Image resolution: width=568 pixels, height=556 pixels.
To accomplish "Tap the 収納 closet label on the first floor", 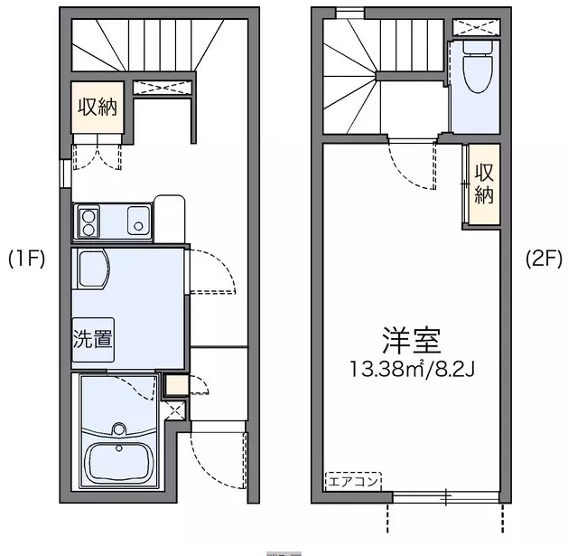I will [98, 108].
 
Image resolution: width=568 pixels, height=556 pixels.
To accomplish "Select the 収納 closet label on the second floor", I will [483, 183].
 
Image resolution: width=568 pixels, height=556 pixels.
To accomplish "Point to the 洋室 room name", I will [411, 343].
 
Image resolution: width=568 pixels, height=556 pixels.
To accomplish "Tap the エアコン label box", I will [353, 480].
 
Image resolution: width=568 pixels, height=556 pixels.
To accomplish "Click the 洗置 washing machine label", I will [93, 340].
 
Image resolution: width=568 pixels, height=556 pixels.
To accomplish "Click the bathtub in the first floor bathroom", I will [118, 461].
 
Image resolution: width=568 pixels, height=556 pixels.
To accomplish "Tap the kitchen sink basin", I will [138, 220].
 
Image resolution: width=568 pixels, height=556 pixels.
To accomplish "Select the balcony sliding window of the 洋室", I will [445, 496].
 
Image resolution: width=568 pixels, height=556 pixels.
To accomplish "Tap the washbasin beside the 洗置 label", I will [92, 269].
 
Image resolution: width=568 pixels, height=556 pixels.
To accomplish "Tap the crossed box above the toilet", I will [474, 26].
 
